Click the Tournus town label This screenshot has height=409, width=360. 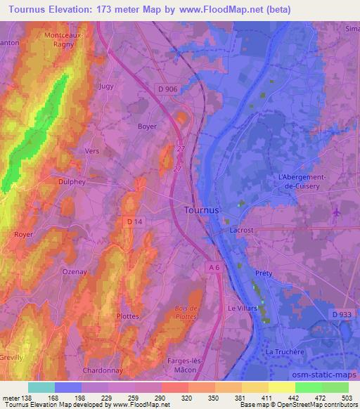tap(201, 209)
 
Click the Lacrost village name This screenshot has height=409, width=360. tap(243, 230)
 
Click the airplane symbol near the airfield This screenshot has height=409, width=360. tap(336, 212)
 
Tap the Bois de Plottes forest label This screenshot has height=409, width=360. tap(185, 311)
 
